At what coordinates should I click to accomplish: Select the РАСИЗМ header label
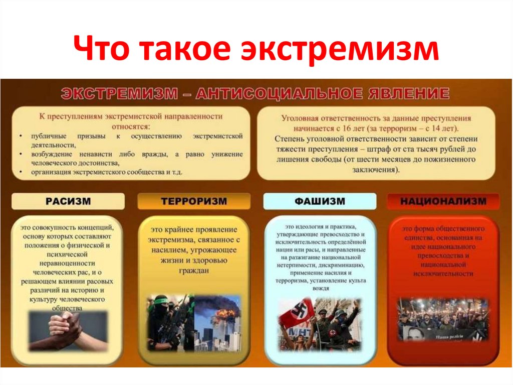point(68,201)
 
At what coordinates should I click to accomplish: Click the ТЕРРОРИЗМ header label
point(194,201)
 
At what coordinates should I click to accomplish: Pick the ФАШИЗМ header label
point(320,201)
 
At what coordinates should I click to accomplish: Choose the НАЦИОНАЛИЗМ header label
point(443,201)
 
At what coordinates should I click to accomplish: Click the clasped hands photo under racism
point(68,331)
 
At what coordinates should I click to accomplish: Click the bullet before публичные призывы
point(19,136)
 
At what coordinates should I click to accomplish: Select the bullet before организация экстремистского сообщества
point(19,172)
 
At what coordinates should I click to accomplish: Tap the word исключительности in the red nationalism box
point(443,274)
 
